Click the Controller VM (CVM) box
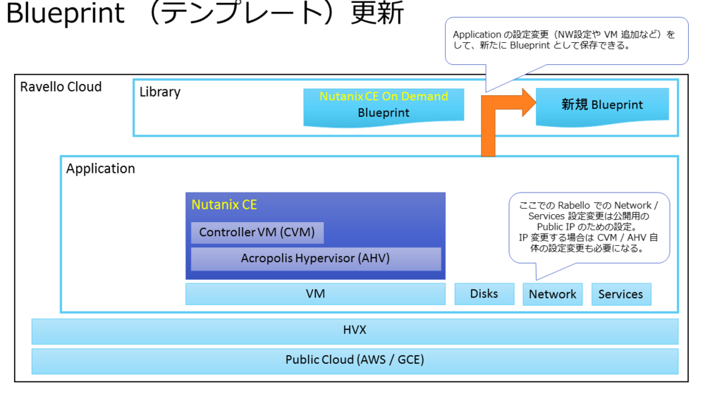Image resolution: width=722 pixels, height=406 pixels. point(257,233)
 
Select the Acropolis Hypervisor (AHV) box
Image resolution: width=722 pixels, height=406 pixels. point(315,259)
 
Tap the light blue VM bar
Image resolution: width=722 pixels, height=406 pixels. point(315,294)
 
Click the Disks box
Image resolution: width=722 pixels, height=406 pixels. point(484,294)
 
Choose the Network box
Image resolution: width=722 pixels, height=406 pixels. point(552,295)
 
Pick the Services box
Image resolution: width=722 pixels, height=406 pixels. point(620,295)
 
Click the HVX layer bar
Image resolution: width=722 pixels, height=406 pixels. point(355,331)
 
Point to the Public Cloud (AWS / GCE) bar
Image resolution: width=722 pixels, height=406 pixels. point(355,360)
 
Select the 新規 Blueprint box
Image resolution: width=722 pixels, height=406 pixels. point(602,105)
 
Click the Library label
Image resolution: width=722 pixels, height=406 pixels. point(160,92)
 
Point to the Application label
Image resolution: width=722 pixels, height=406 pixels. point(101,169)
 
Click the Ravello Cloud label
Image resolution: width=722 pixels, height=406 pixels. point(61,87)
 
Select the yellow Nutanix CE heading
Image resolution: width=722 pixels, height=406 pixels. point(224,205)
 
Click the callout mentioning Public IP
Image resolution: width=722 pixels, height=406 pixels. point(589,227)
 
